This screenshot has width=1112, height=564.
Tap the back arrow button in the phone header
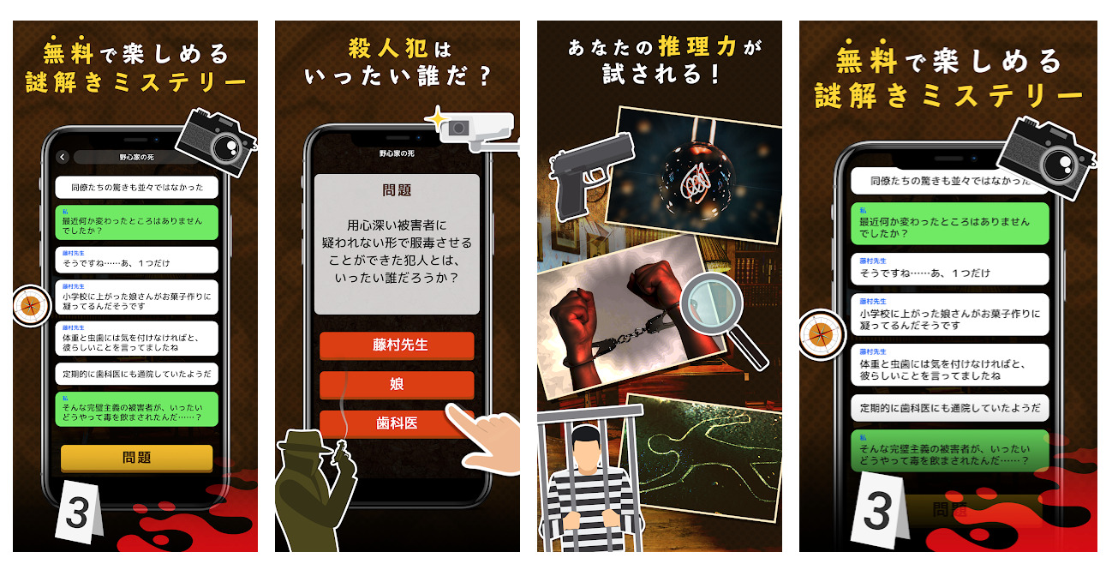tap(62, 158)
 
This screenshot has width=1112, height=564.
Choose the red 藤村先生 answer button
tap(398, 345)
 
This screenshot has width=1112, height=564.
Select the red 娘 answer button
tap(398, 384)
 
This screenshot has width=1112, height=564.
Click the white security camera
tap(479, 131)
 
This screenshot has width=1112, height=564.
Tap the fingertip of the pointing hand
tap(451, 410)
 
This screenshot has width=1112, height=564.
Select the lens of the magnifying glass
tap(711, 303)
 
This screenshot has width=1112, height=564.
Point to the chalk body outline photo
tap(705, 457)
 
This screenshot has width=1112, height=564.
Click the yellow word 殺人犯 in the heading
tap(388, 49)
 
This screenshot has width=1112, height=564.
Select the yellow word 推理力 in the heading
tap(697, 47)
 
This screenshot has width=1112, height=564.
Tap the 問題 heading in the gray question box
tap(397, 190)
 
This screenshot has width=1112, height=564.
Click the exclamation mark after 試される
tap(714, 75)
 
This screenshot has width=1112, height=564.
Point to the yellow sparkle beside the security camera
tap(437, 118)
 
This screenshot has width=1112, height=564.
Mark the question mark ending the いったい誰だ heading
tap(485, 76)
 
